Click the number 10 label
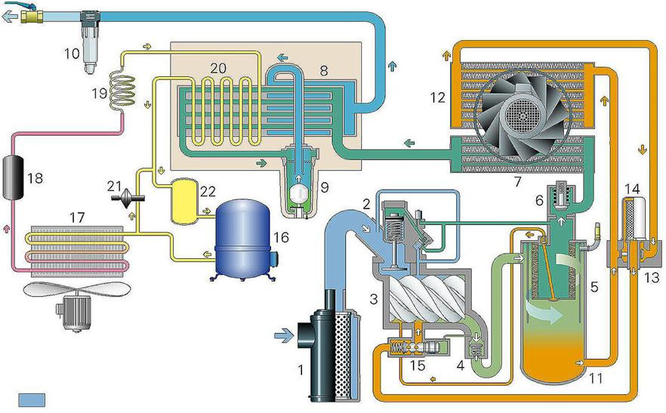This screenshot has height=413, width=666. (x=70, y=53)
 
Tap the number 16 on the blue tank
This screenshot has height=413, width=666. (x=281, y=237)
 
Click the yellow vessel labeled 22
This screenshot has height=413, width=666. (x=183, y=200)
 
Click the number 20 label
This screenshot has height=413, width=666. (x=217, y=67)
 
